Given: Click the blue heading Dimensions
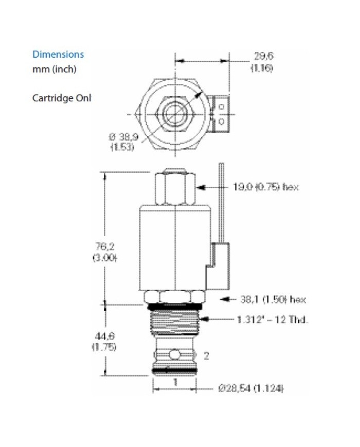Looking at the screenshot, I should tap(58, 54).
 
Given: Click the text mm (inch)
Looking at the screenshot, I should tap(54, 69).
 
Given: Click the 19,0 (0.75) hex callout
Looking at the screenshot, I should tap(265, 187).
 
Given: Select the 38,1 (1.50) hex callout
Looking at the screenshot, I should tap(270, 299).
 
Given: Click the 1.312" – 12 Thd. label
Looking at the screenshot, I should tap(273, 319).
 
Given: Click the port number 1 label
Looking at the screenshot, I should tap(175, 382).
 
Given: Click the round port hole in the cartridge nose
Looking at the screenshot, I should tap(175, 354).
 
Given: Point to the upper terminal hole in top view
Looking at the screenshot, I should tap(221, 106).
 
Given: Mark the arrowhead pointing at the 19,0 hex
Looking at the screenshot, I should tap(201, 187).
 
